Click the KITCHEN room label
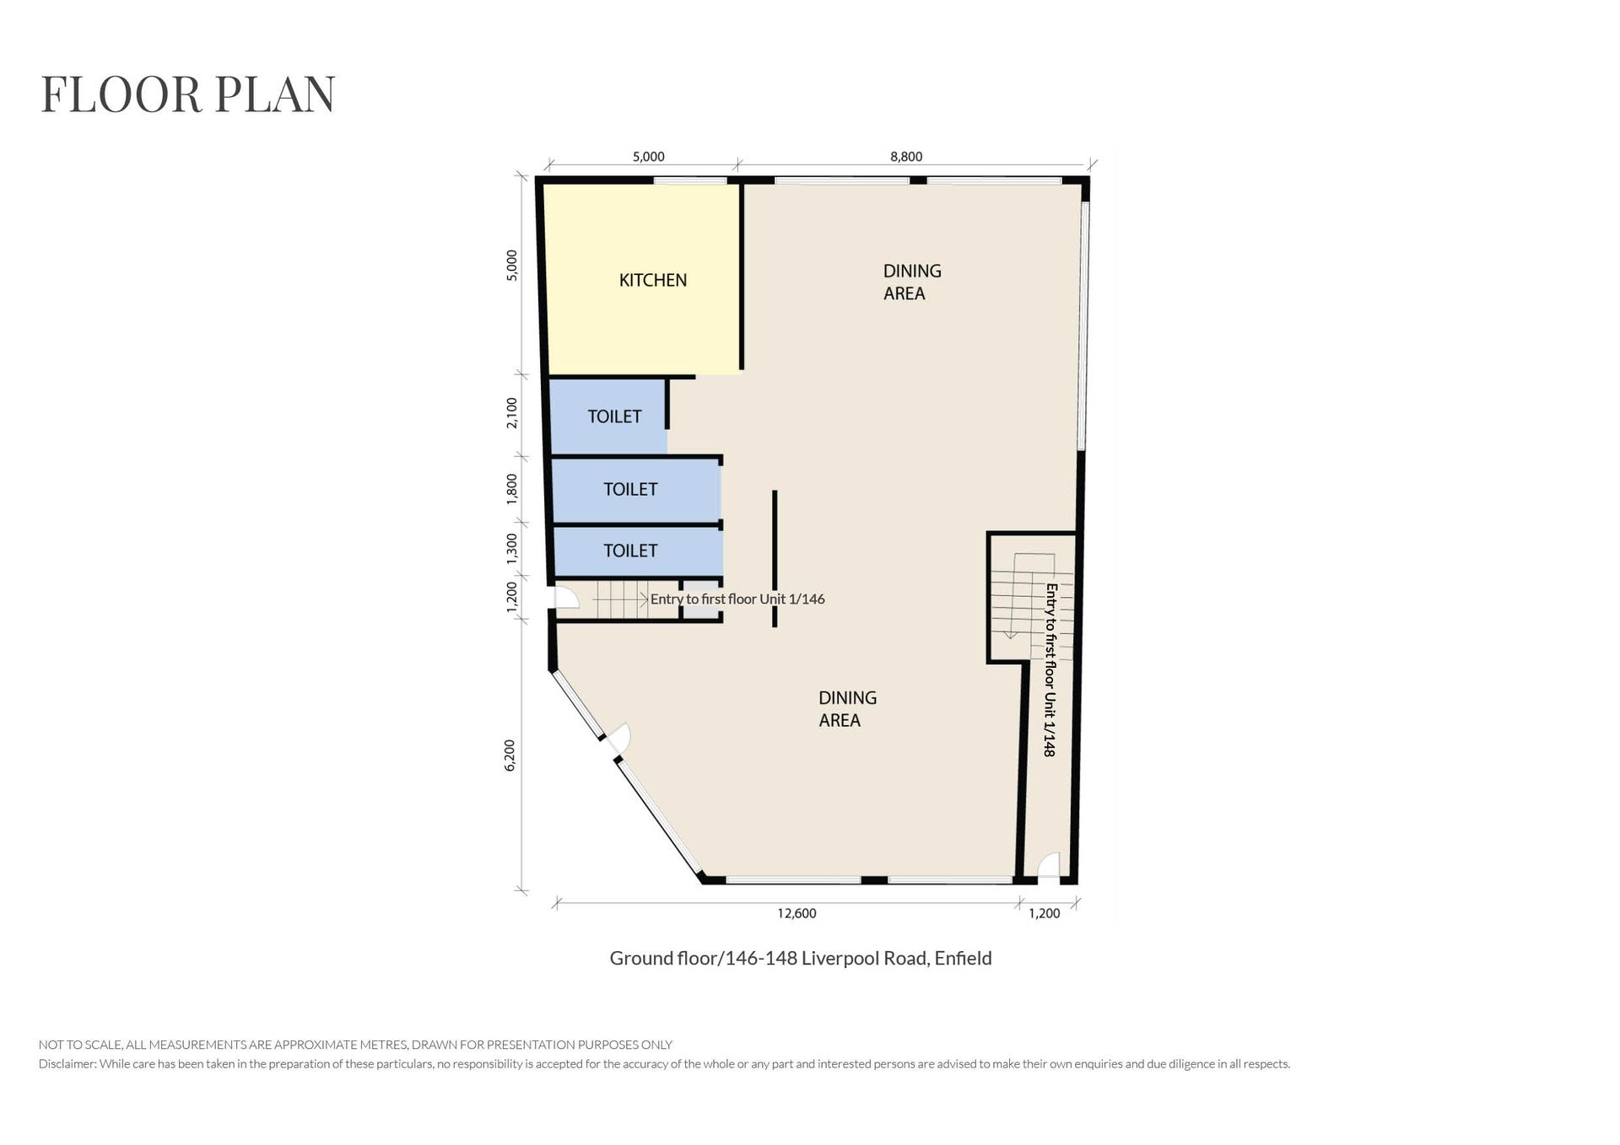652,280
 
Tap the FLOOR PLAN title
188,94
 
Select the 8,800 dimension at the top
906,157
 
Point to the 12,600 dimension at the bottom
797,913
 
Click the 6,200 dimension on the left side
510,755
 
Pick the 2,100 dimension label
511,413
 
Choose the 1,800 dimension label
511,488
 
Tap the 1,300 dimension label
511,549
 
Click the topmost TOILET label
614,417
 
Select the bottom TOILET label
630,551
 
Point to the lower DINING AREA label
847,709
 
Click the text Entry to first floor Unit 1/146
737,599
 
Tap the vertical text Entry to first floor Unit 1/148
1050,669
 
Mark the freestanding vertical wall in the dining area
775,559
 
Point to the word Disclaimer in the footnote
66,1064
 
